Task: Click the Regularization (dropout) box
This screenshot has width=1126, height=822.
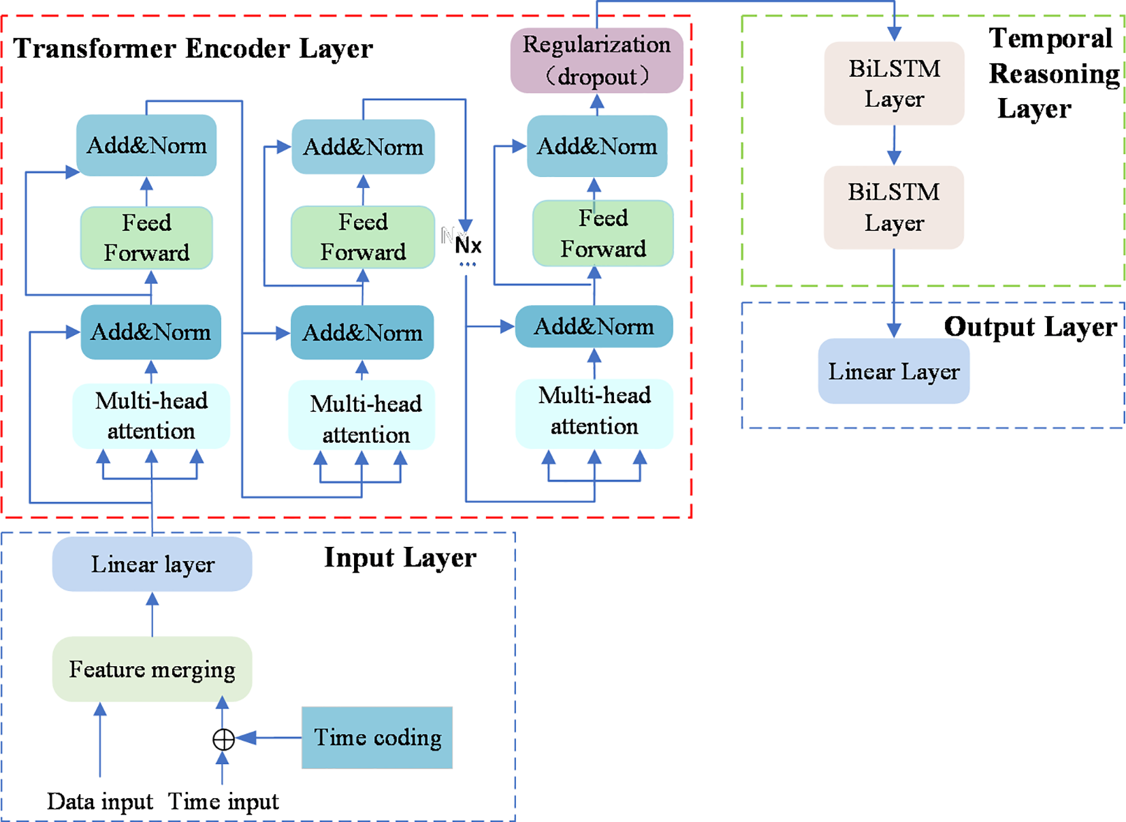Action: (x=596, y=61)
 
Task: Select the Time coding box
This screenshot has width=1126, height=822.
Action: (x=377, y=738)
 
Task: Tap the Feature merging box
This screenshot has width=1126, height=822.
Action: (x=152, y=669)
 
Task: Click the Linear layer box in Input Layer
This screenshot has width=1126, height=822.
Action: (x=152, y=564)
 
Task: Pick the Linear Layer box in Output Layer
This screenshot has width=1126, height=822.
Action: (x=893, y=372)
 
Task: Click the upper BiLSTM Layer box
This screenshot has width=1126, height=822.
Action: (x=894, y=84)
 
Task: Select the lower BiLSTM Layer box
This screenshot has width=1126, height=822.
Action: (x=893, y=208)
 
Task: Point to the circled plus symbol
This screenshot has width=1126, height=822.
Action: (x=223, y=739)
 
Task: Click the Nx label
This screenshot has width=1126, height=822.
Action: (x=468, y=245)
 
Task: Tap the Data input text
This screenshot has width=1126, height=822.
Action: (x=100, y=802)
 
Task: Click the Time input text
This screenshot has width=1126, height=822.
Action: (x=223, y=802)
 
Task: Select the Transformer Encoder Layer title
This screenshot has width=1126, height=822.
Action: (x=193, y=49)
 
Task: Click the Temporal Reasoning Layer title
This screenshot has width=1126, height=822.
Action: (x=1052, y=74)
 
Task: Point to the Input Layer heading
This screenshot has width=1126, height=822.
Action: (x=400, y=558)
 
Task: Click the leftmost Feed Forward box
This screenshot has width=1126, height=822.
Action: (x=146, y=238)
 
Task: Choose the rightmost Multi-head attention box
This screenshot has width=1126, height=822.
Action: (x=594, y=411)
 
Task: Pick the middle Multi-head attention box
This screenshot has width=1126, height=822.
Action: (x=364, y=418)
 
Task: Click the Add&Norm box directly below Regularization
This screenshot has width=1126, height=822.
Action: (x=597, y=146)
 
